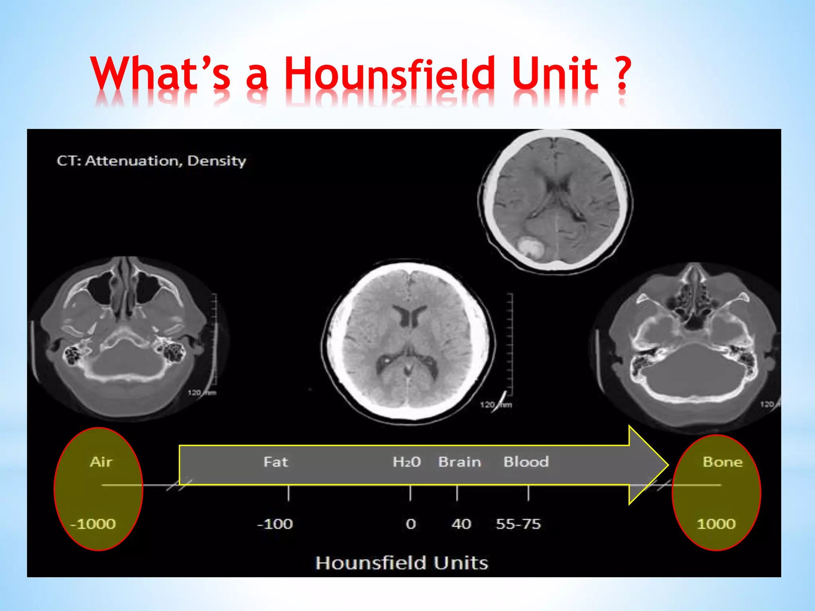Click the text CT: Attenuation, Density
[x=151, y=161]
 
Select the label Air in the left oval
[x=101, y=462]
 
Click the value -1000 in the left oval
[x=93, y=524]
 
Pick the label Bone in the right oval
[x=722, y=462]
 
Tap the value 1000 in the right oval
[x=716, y=524]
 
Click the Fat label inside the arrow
[x=275, y=462]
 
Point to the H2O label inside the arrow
[x=406, y=462]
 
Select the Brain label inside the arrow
[x=460, y=462]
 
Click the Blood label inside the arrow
[x=526, y=462]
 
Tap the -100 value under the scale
[x=275, y=524]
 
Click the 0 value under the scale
[x=411, y=524]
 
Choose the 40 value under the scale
[x=461, y=524]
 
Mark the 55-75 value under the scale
[x=518, y=524]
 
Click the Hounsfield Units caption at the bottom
[x=402, y=563]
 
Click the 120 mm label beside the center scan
[x=495, y=405]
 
